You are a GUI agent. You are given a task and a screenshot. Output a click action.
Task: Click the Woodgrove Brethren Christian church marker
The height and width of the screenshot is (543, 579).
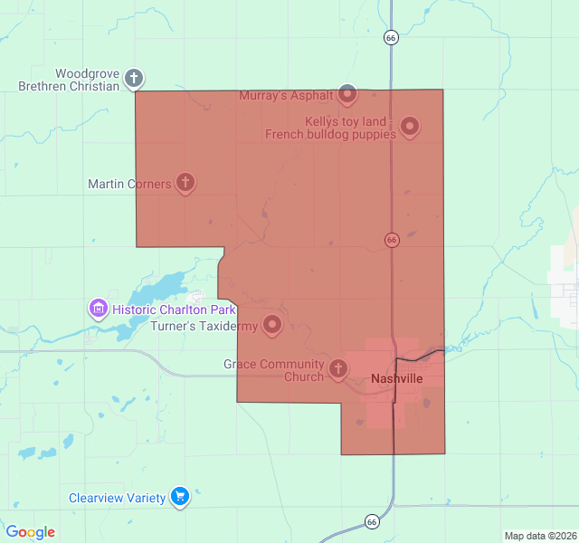pos(134,78)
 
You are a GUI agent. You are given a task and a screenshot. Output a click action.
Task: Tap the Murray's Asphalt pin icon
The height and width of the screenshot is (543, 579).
pos(348,93)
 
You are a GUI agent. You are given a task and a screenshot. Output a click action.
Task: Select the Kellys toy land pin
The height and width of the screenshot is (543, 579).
pos(410,127)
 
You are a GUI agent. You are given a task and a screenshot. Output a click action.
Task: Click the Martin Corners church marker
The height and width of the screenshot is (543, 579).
pos(185,183)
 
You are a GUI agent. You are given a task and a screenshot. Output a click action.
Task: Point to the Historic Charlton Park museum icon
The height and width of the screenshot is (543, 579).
pos(99,310)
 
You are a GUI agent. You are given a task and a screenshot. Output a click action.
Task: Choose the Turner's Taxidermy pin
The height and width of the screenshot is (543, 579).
pos(272,325)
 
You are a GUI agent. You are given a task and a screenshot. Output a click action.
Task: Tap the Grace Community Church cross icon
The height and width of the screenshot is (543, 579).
pos(337,367)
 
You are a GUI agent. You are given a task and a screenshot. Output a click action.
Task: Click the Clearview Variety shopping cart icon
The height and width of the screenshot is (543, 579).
pos(180,497)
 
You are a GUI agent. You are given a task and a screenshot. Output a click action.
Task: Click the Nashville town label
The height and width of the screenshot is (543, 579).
pos(397,378)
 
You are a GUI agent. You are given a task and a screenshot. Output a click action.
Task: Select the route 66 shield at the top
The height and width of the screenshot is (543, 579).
pos(391,38)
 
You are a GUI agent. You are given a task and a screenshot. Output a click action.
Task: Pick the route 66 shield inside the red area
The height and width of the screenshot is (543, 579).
pos(392,240)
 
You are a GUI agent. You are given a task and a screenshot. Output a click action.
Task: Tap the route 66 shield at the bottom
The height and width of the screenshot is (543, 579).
pos(372,521)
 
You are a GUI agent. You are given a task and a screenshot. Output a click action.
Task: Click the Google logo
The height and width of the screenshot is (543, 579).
pos(31,532)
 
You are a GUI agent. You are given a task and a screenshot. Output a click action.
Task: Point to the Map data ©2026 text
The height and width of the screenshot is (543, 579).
pos(539,536)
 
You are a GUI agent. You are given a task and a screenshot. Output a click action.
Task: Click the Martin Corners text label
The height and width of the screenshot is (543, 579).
pos(129,184)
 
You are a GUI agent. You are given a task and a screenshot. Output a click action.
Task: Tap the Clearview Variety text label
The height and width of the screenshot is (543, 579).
pos(118,498)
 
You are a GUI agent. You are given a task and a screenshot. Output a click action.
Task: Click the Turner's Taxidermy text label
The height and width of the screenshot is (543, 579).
pos(204,326)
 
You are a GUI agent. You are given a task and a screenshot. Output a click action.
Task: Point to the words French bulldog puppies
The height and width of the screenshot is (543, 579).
pos(330,135)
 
